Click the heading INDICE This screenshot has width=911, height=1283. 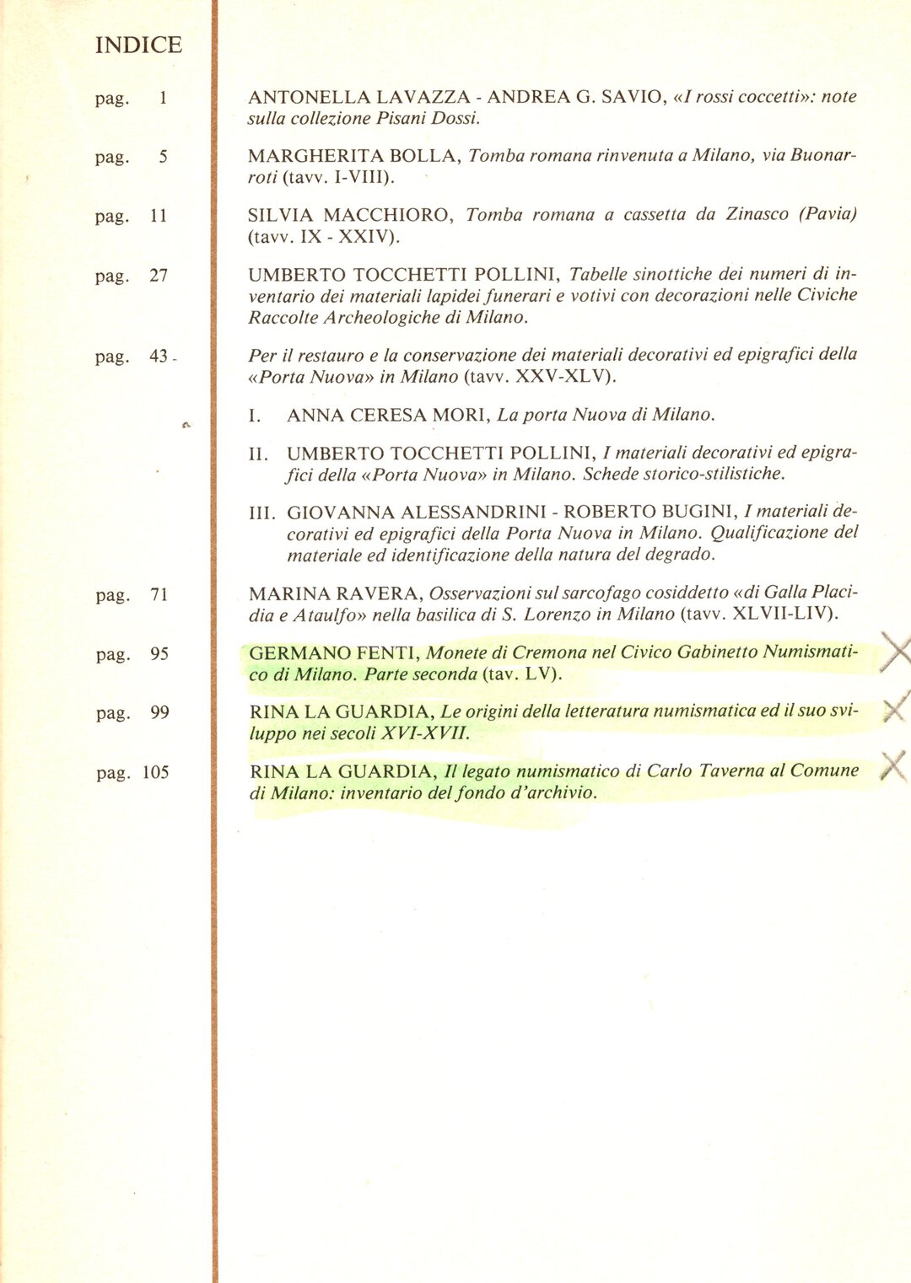coord(138,45)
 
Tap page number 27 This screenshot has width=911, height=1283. coord(159,276)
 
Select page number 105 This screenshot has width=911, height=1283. coord(156,772)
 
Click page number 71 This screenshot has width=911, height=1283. coord(159,595)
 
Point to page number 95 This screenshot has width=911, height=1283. coord(159,654)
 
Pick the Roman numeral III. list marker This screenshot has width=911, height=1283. coord(262,513)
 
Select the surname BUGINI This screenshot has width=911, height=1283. coord(697,513)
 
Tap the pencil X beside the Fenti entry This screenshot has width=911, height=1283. coord(897,652)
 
